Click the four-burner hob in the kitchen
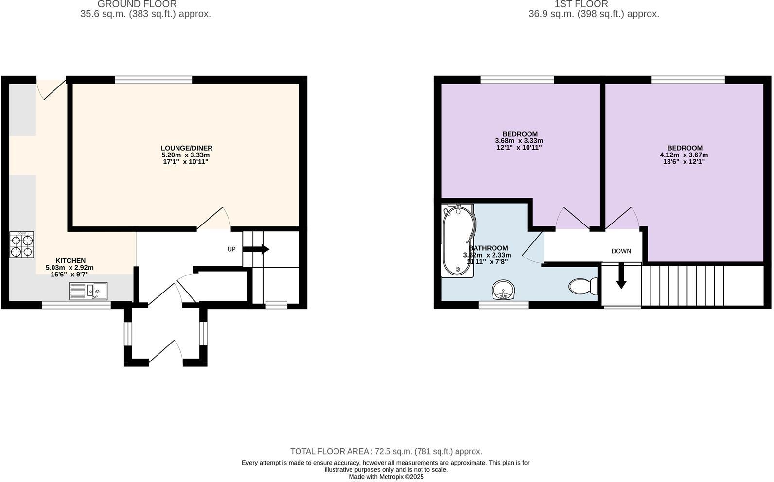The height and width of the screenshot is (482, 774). [x=22, y=244]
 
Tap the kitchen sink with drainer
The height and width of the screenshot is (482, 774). [x=88, y=291]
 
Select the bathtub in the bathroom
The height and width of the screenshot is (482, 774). [x=457, y=241]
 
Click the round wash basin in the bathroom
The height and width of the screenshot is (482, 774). [x=504, y=290]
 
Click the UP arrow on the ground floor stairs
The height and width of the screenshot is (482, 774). [x=256, y=249]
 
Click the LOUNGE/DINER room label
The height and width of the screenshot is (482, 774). [x=187, y=148]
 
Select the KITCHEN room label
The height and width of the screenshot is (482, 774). [x=70, y=261]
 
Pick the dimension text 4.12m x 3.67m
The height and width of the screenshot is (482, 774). [x=684, y=155]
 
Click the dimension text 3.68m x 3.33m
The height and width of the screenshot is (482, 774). [x=519, y=141]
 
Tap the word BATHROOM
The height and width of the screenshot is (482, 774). [x=488, y=248]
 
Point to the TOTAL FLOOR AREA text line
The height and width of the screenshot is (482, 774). [x=386, y=451]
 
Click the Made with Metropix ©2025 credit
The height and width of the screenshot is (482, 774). [x=386, y=477]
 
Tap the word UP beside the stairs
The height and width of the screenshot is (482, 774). [x=231, y=249]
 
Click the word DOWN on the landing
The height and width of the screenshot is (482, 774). [x=621, y=251]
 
